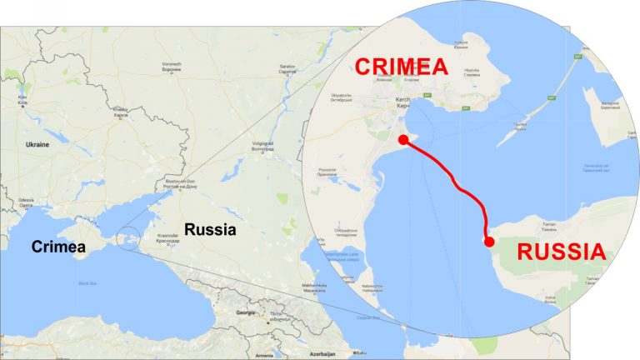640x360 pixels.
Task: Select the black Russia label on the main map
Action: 211,229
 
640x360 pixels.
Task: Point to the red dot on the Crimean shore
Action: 404,140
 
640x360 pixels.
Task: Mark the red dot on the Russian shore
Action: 489,242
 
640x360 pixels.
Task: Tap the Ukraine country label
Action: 37,144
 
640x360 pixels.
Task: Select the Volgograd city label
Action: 263,143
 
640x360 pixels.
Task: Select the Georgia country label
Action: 246,312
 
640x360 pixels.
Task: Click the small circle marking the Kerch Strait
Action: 127,238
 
